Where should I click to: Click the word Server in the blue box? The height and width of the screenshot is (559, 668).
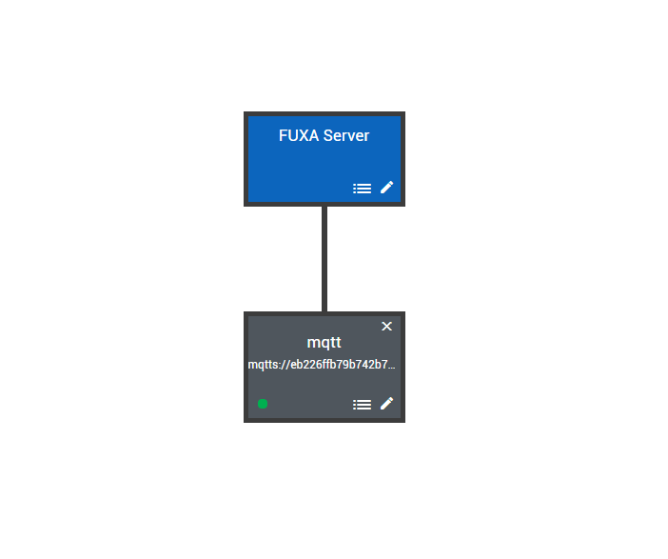pyautogui.click(x=345, y=136)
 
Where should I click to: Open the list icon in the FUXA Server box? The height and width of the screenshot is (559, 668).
pyautogui.click(x=362, y=189)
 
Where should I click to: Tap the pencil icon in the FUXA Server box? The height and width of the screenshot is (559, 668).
pyautogui.click(x=386, y=188)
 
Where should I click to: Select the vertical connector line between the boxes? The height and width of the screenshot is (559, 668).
pyautogui.click(x=324, y=257)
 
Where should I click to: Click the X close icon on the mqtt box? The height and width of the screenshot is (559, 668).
pyautogui.click(x=386, y=327)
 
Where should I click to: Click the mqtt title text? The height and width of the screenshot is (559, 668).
pyautogui.click(x=324, y=343)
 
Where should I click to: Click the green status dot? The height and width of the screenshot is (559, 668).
pyautogui.click(x=263, y=404)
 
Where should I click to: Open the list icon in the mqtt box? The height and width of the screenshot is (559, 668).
pyautogui.click(x=362, y=405)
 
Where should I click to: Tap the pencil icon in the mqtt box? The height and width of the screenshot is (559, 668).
pyautogui.click(x=386, y=404)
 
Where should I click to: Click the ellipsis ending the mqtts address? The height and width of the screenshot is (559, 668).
pyautogui.click(x=391, y=366)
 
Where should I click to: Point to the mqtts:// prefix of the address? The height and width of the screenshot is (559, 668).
pyautogui.click(x=265, y=365)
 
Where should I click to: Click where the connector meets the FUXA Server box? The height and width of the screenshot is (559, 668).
pyautogui.click(x=324, y=207)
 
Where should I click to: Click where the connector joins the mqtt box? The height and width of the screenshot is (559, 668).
pyautogui.click(x=324, y=311)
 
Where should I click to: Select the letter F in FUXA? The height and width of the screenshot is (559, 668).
pyautogui.click(x=283, y=136)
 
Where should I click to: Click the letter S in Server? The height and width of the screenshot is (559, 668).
pyautogui.click(x=327, y=136)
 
